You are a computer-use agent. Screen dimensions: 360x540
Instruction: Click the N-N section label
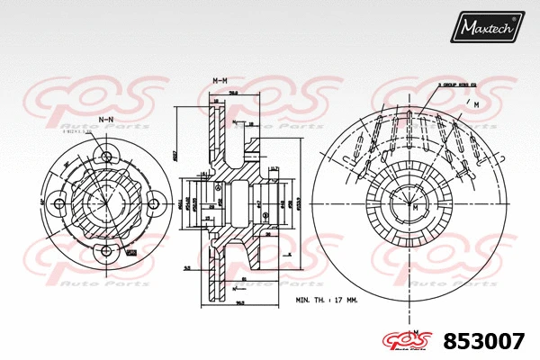click(106, 118)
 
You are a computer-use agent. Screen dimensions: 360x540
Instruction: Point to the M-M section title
click(219, 82)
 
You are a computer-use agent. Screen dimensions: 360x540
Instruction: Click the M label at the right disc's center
click(416, 207)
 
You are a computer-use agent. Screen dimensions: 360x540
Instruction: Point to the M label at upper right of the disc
click(475, 105)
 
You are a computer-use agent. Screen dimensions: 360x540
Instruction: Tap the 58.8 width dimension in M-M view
click(232, 92)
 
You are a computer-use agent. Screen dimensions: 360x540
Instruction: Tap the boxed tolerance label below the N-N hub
click(131, 254)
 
